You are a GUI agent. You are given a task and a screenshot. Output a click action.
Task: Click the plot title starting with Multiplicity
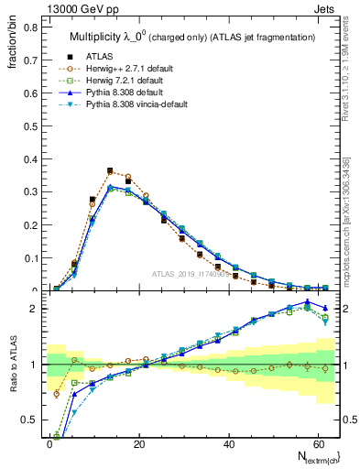point(192,37)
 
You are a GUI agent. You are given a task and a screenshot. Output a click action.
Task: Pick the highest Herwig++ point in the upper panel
point(110,170)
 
